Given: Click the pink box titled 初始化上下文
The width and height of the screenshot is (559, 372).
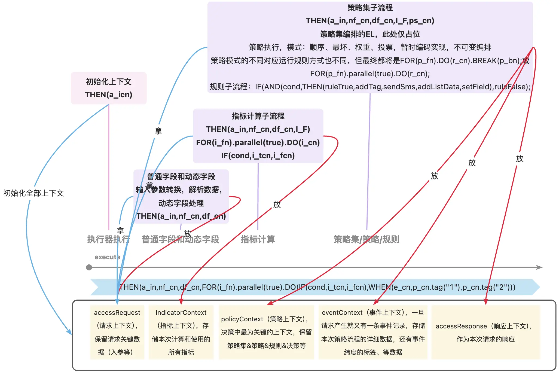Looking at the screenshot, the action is pyautogui.click(x=109, y=88).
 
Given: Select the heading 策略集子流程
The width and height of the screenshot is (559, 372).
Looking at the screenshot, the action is pyautogui.click(x=370, y=8).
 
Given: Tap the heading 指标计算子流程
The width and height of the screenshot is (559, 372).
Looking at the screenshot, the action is pyautogui.click(x=258, y=116).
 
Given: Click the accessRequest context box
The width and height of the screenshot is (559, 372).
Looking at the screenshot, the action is pyautogui.click(x=117, y=332).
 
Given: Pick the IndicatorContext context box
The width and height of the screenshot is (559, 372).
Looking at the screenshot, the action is pyautogui.click(x=181, y=332).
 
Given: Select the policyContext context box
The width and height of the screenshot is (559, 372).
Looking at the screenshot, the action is pyautogui.click(x=266, y=332).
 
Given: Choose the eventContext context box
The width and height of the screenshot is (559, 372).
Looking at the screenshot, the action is pyautogui.click(x=373, y=332).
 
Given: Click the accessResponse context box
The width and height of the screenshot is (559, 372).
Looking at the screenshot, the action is pyautogui.click(x=485, y=332).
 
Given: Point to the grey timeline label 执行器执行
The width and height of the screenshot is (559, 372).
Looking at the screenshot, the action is pyautogui.click(x=108, y=240).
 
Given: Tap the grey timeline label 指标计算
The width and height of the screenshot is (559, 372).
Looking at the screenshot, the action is pyautogui.click(x=258, y=240).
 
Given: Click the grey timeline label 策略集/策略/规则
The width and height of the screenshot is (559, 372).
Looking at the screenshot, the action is pyautogui.click(x=366, y=240).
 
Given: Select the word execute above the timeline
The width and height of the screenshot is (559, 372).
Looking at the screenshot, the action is pyautogui.click(x=107, y=257).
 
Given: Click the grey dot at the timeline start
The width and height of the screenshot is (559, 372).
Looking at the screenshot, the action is pyautogui.click(x=89, y=267).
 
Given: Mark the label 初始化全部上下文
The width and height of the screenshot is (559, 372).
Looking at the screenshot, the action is pyautogui.click(x=33, y=193).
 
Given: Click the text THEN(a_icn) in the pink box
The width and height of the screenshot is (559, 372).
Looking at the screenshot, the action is pyautogui.click(x=109, y=94).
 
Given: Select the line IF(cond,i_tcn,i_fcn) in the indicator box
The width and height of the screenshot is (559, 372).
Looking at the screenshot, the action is pyautogui.click(x=258, y=155).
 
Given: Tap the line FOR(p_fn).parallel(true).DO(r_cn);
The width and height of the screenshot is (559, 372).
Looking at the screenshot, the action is pyautogui.click(x=370, y=74).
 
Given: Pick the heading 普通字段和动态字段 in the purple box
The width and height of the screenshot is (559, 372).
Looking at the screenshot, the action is pyautogui.click(x=181, y=177).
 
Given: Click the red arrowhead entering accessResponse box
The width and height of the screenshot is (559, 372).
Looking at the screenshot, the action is pyautogui.click(x=485, y=302).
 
